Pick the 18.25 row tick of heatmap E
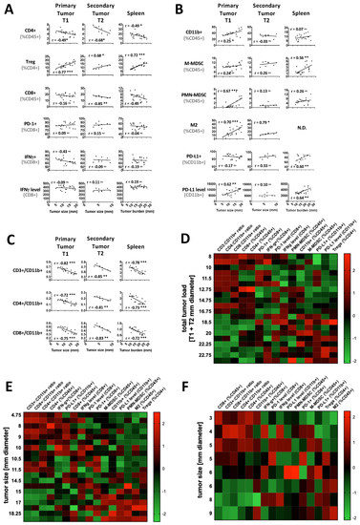tap(28, 513)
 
